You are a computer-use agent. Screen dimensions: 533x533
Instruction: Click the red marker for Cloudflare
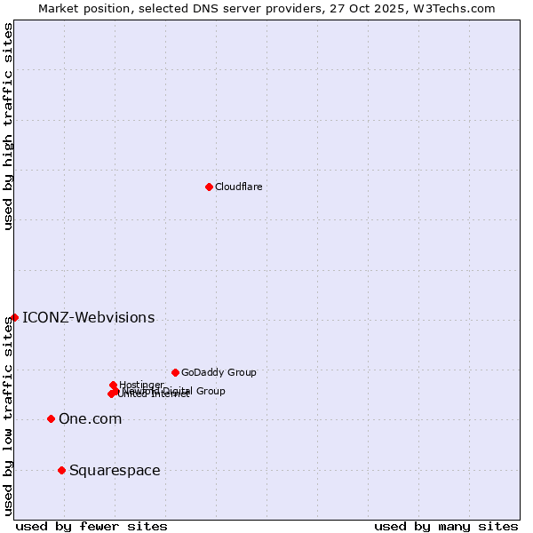point(209,187)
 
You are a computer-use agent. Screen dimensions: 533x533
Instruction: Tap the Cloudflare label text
point(238,187)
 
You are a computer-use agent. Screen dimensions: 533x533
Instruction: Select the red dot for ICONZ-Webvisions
point(14,317)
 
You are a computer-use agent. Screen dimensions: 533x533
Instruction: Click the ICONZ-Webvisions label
point(88,318)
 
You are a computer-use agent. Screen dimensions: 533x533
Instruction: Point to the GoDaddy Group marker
point(175,372)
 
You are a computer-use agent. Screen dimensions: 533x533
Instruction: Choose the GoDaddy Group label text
point(219,372)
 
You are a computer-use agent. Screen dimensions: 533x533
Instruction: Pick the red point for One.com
point(51,418)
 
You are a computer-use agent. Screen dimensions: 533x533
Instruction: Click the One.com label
point(90,419)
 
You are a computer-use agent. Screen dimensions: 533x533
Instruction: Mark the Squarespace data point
point(61,470)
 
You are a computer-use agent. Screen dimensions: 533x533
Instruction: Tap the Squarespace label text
point(115,471)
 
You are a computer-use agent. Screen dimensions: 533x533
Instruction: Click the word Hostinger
point(141,385)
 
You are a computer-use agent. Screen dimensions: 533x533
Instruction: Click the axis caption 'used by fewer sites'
point(91,526)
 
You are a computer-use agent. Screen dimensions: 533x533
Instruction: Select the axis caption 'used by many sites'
point(446,526)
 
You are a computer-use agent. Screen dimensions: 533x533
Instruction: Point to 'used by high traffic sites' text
point(8,127)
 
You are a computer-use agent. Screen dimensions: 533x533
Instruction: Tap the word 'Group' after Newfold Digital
point(210,391)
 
